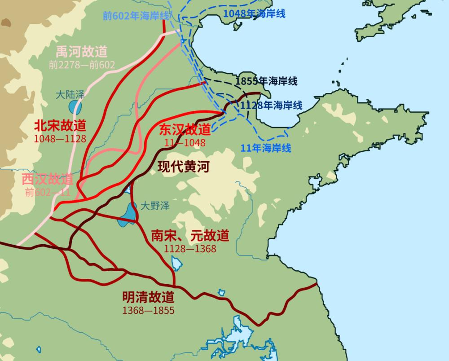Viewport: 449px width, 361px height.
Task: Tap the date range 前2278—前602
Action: tap(82, 65)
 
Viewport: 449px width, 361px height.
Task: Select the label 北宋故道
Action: tap(60, 125)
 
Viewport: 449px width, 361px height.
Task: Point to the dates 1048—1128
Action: tap(60, 138)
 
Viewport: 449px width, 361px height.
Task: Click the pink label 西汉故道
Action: tap(47, 180)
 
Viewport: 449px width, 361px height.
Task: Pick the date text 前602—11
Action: tap(47, 192)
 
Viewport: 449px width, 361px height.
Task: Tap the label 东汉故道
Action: tap(185, 130)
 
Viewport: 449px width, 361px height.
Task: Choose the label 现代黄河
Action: tap(184, 167)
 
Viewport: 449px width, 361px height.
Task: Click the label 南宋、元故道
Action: tap(190, 235)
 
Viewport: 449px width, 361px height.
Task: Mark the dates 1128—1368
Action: tap(190, 248)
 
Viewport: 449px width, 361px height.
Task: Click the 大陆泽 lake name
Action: tap(70, 95)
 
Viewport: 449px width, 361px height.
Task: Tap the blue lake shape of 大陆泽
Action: tap(72, 107)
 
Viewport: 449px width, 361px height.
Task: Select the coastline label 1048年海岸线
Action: tap(254, 13)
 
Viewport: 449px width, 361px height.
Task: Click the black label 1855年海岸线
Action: tap(267, 82)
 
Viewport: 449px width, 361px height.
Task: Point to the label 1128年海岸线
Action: tap(271, 106)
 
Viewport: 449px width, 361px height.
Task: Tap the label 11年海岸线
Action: tap(266, 147)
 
